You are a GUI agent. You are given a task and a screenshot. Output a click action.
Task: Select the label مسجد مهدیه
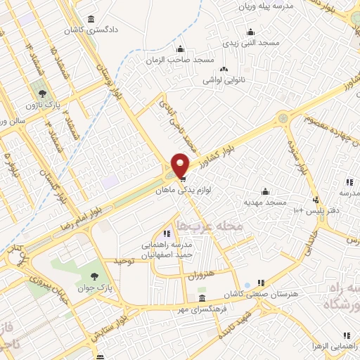[265, 202]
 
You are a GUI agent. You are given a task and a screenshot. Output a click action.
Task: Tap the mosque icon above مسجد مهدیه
[265, 191]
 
